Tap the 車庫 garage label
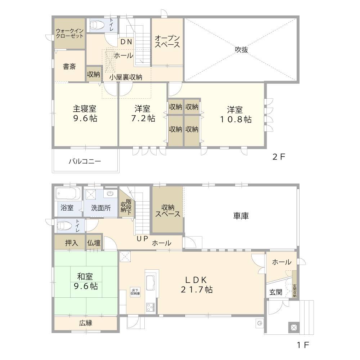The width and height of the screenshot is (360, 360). (241, 216)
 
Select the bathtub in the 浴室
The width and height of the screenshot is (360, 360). (68, 194)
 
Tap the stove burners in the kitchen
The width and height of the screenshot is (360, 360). (150, 307)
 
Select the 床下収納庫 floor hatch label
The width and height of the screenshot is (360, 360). (135, 292)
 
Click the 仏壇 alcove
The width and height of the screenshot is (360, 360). (94, 243)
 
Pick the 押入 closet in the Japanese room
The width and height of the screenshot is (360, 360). (71, 243)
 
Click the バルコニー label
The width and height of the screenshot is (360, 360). (85, 161)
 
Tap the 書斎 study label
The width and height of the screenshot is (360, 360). (69, 67)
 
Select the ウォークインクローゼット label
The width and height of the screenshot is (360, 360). (70, 33)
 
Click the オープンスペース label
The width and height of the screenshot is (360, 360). (167, 41)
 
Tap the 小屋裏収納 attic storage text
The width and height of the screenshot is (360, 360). (126, 77)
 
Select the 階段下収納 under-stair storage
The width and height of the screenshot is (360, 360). (126, 206)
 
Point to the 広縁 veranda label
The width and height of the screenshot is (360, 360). (86, 323)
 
